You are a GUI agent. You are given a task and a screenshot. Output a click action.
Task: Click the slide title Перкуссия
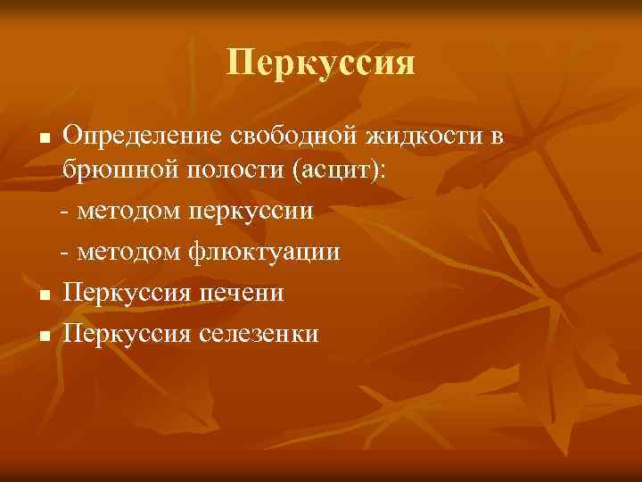coord(321,63)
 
